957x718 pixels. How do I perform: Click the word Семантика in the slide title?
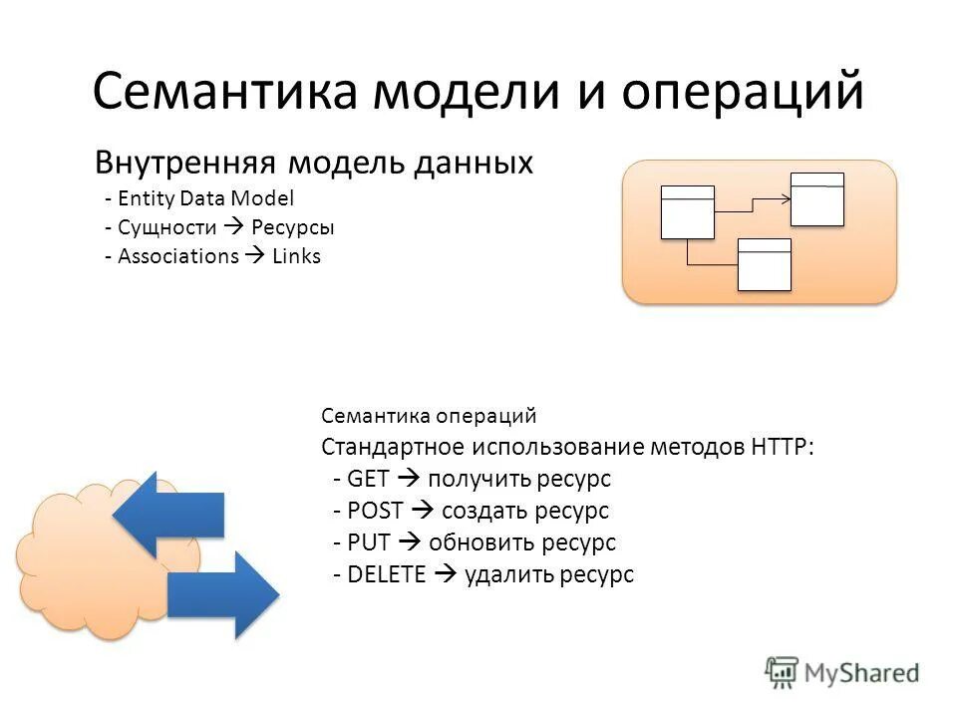[x=225, y=92]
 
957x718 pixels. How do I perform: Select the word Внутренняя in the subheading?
[x=185, y=164]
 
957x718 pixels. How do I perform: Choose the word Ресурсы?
[x=293, y=227]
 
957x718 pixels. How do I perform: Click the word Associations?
[x=178, y=256]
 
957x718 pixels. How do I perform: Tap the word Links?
[x=297, y=256]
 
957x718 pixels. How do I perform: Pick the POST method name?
[x=377, y=511]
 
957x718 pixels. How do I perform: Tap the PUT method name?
[x=370, y=542]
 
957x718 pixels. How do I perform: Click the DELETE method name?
[x=388, y=574]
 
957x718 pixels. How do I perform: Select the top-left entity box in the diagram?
[x=687, y=212]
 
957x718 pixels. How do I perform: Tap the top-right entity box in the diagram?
[x=817, y=199]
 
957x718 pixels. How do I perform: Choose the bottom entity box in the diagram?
[x=764, y=265]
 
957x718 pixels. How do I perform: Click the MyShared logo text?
[x=861, y=673]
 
